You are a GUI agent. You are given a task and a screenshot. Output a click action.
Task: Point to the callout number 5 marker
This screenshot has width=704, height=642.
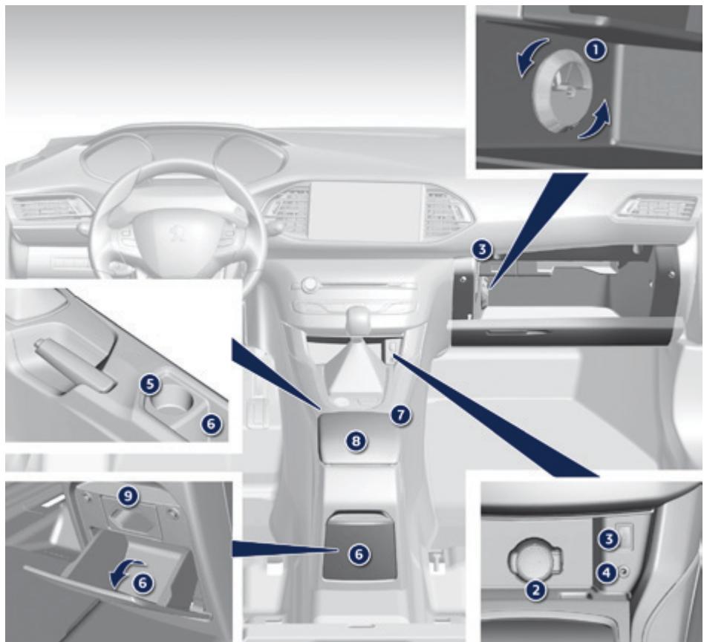pos(151,384)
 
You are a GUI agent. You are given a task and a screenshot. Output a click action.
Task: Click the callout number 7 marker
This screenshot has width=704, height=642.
pos(400,415)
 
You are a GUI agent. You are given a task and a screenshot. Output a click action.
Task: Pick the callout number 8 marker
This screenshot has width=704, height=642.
pos(356,441)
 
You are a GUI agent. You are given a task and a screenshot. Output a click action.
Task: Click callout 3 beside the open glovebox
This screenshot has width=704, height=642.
pos(483,250)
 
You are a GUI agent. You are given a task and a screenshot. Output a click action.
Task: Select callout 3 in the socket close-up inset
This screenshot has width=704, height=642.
pos(609,540)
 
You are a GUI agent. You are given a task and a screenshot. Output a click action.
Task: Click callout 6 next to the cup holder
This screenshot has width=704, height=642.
pos(211,423)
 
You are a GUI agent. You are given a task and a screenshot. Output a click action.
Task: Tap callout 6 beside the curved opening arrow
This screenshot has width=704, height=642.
pos(141,584)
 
